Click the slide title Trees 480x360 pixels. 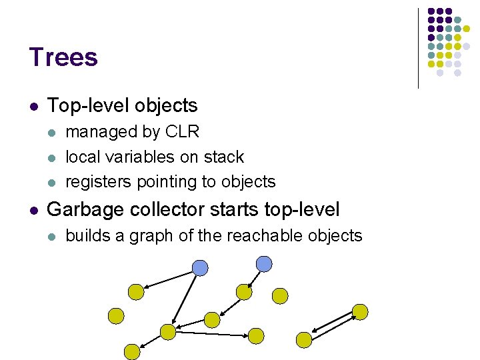63,57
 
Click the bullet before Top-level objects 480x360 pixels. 34,106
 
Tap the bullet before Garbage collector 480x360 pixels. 34,210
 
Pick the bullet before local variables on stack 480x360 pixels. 53,157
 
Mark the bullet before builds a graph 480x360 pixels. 53,236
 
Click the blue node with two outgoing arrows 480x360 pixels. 200,267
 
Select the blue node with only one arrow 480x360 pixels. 264,263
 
